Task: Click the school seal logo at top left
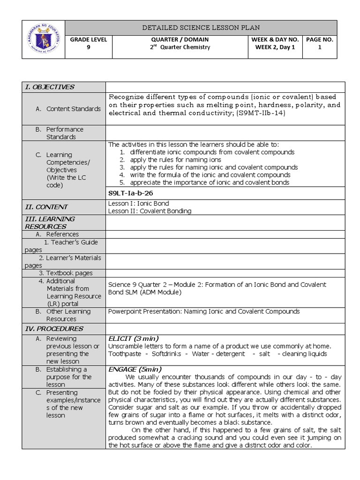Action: click(x=44, y=39)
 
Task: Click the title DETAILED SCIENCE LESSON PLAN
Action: click(x=201, y=28)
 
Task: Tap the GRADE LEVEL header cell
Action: click(x=89, y=40)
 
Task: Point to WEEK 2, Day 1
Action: click(x=275, y=47)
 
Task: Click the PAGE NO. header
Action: click(x=319, y=40)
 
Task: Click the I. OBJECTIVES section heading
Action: click(x=50, y=87)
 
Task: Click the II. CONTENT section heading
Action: click(x=46, y=207)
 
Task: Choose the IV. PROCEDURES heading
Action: click(x=54, y=329)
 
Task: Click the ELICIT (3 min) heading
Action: click(x=133, y=338)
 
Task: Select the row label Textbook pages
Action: click(x=69, y=273)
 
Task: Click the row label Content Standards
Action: click(x=73, y=109)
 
